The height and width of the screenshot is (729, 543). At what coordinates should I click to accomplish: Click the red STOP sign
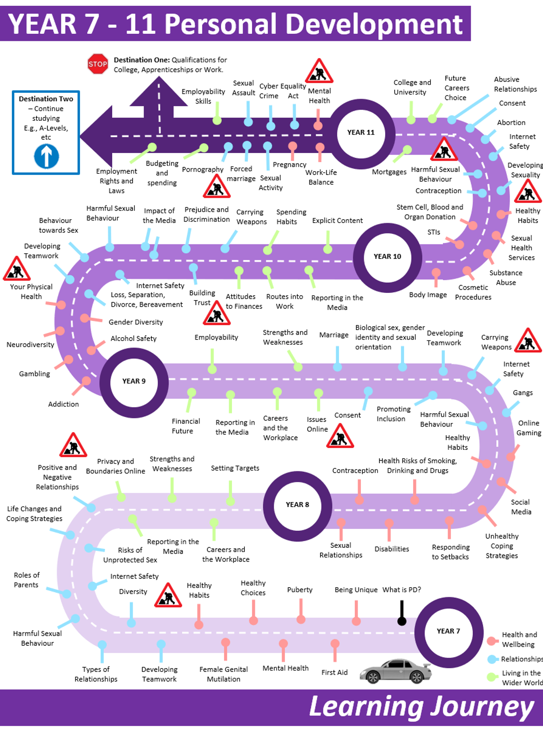point(98,64)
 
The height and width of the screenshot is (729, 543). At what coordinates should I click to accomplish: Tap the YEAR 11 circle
point(361,133)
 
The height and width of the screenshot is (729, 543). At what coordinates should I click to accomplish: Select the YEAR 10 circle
point(387,257)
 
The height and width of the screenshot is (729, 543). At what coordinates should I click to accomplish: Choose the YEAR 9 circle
point(134,381)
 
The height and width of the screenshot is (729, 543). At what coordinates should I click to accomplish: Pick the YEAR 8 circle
point(297,505)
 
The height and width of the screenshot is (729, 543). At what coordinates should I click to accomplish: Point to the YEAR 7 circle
point(448,632)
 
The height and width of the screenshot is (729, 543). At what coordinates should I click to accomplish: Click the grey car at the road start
point(396,671)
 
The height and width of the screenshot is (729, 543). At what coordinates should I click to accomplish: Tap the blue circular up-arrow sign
point(47,156)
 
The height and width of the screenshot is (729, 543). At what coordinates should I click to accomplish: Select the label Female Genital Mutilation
point(223,674)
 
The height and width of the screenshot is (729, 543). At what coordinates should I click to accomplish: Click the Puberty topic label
point(300,590)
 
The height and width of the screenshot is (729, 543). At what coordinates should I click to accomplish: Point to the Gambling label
point(34,374)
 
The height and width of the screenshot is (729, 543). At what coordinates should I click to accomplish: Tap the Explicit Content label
point(337,221)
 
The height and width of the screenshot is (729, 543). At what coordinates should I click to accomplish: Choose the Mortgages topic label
point(389,172)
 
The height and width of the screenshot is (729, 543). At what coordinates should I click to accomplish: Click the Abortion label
point(511,123)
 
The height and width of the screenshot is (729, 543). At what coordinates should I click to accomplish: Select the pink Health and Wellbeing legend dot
point(492,641)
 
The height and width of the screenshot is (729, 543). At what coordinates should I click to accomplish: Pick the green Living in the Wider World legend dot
point(492,677)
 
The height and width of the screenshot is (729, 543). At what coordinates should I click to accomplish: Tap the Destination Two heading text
point(46,99)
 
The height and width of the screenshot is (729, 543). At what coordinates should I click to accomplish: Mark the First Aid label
point(334,672)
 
